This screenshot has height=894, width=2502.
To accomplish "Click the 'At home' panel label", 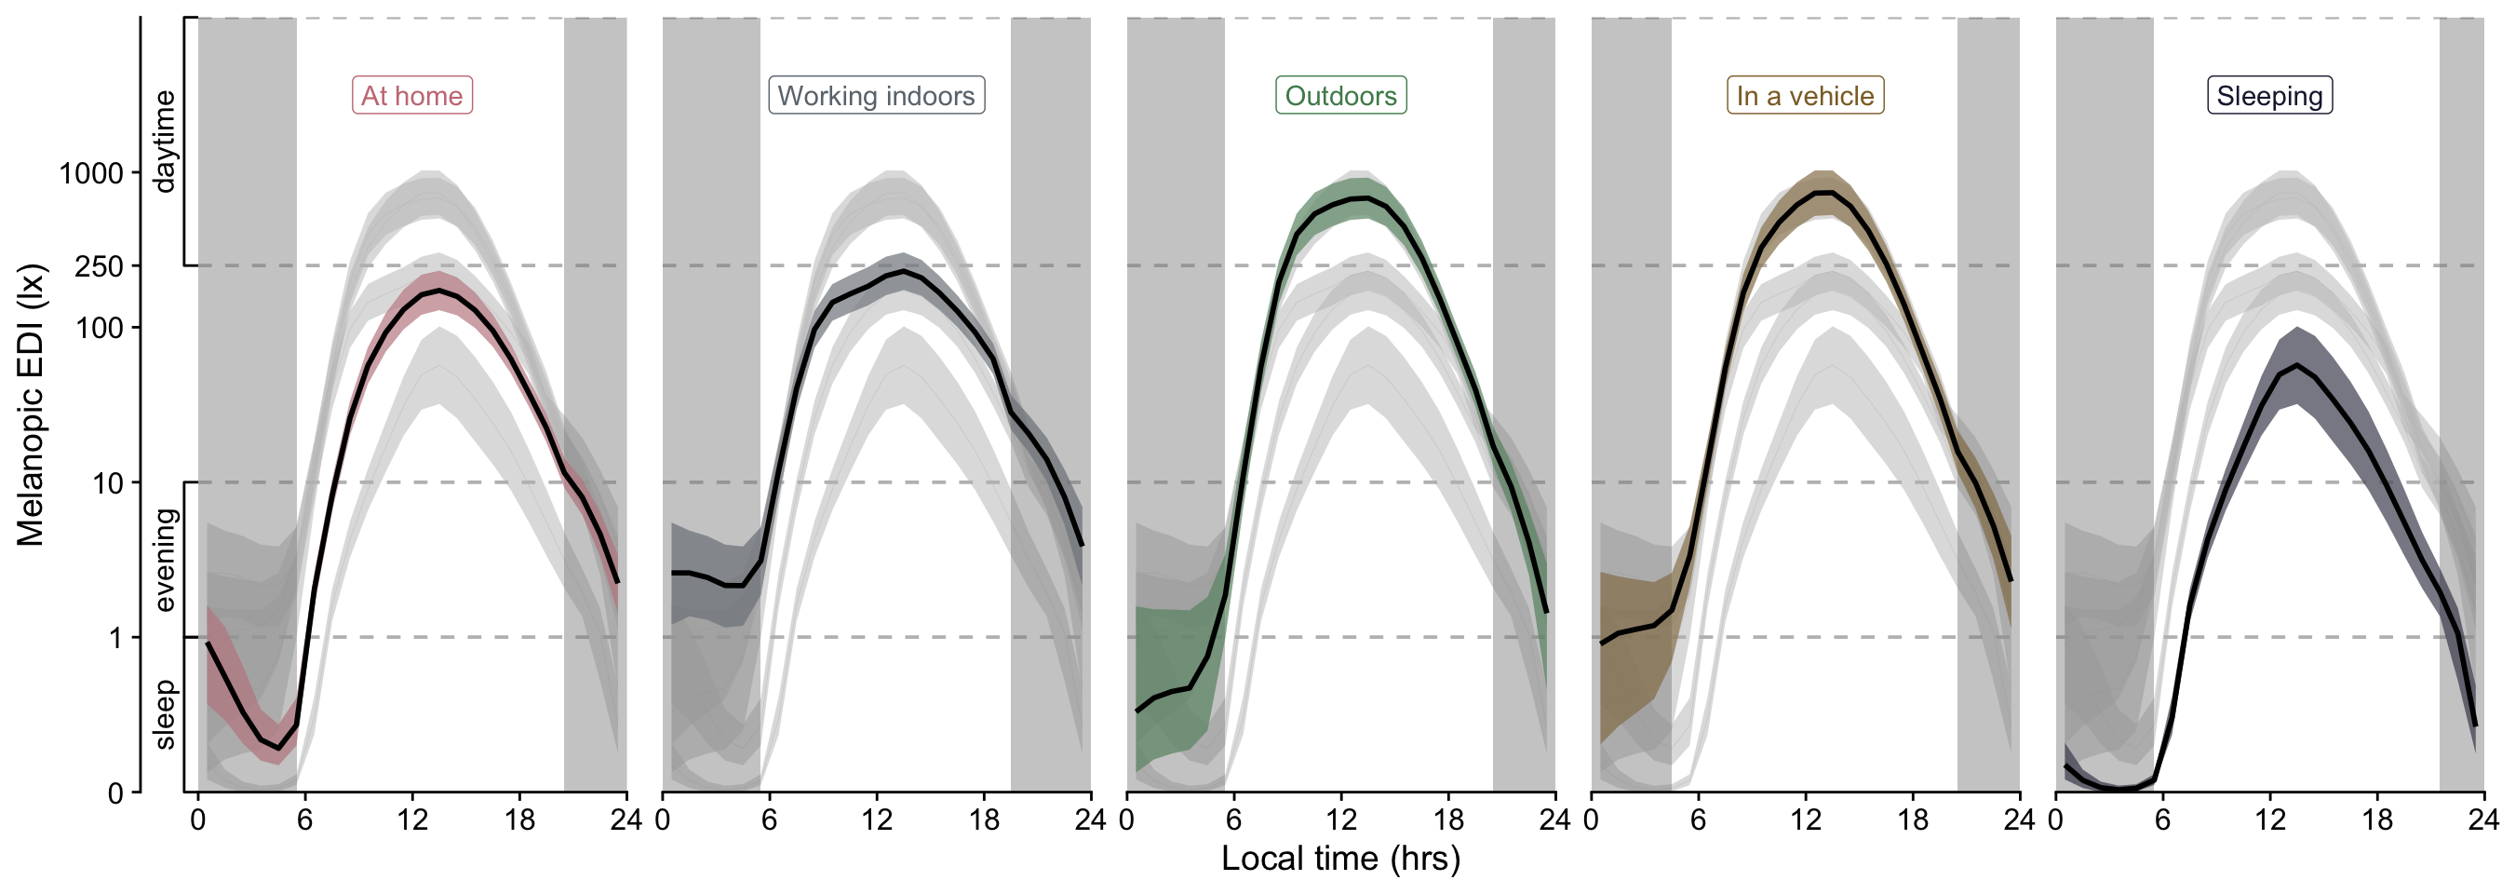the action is tap(411, 95).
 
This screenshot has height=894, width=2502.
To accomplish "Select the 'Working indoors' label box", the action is tap(876, 95).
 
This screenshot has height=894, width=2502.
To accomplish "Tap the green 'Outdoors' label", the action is tap(1340, 95).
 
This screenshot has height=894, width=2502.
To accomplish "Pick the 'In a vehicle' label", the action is tap(1805, 95).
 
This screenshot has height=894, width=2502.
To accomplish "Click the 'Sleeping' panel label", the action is tap(2270, 95).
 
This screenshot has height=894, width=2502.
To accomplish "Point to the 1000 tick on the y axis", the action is tap(91, 174).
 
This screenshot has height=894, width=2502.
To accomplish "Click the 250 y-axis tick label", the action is tap(99, 266).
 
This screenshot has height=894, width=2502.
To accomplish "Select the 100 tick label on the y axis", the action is tap(100, 328).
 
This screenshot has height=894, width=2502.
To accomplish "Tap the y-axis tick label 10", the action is tap(109, 483).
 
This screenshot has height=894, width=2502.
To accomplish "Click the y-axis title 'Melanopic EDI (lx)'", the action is tap(30, 404).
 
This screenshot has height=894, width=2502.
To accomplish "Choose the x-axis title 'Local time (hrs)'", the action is tap(1340, 858).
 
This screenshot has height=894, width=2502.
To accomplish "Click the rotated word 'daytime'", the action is tap(164, 142).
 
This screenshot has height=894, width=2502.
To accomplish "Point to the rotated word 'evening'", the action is tap(164, 560).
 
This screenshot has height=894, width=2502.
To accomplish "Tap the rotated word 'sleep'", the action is tap(164, 715).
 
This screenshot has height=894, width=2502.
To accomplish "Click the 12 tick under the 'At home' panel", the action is tap(411, 820).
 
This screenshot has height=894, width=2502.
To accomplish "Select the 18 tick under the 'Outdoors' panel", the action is tap(1448, 820).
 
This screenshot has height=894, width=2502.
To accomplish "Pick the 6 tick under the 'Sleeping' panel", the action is tap(2163, 820).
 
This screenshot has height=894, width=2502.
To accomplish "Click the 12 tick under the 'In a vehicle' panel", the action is tap(1806, 820).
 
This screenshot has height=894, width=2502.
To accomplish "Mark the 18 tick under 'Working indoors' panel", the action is tap(984, 820).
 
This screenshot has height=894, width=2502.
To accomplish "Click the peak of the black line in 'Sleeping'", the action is tap(2297, 365).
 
